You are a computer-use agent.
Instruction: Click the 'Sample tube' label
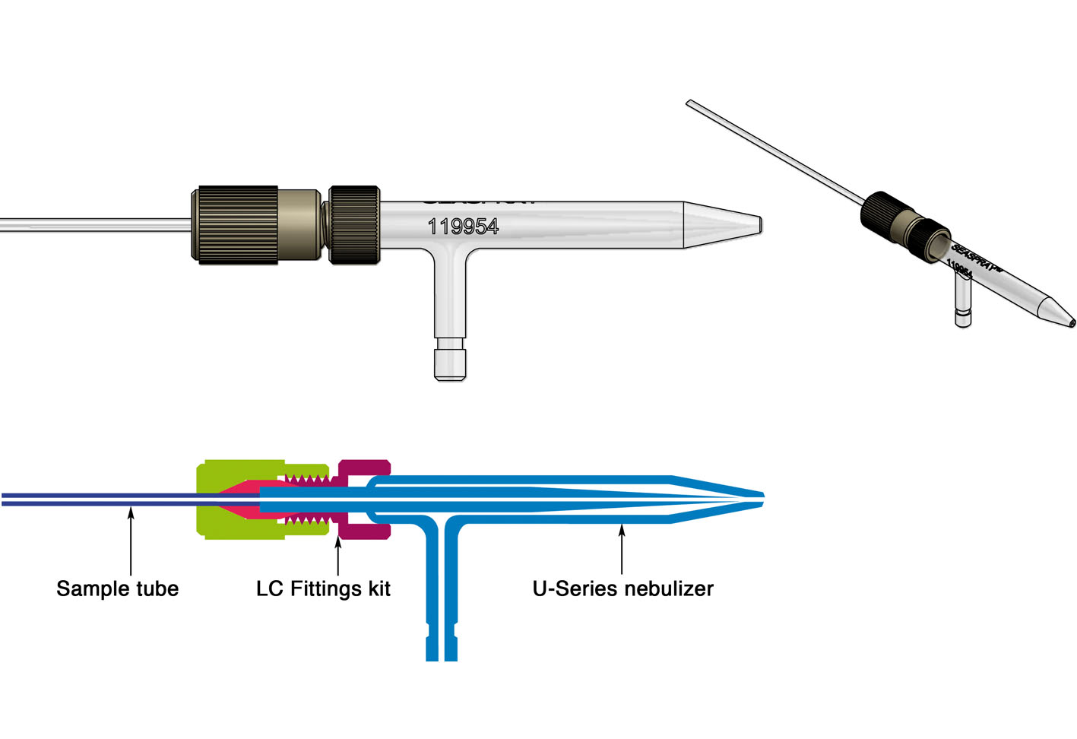(117, 588)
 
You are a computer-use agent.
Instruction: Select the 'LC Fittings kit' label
(323, 588)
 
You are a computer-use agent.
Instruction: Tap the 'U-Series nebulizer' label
(622, 588)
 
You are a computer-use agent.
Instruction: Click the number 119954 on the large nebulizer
(463, 227)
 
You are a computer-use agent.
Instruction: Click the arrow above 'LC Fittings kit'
(337, 555)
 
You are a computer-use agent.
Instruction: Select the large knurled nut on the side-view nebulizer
(234, 224)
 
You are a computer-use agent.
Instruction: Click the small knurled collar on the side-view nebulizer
(353, 224)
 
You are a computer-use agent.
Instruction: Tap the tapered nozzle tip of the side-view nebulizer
(722, 225)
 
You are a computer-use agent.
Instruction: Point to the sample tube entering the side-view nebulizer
(91, 225)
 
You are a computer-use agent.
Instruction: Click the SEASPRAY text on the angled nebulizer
(977, 257)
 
